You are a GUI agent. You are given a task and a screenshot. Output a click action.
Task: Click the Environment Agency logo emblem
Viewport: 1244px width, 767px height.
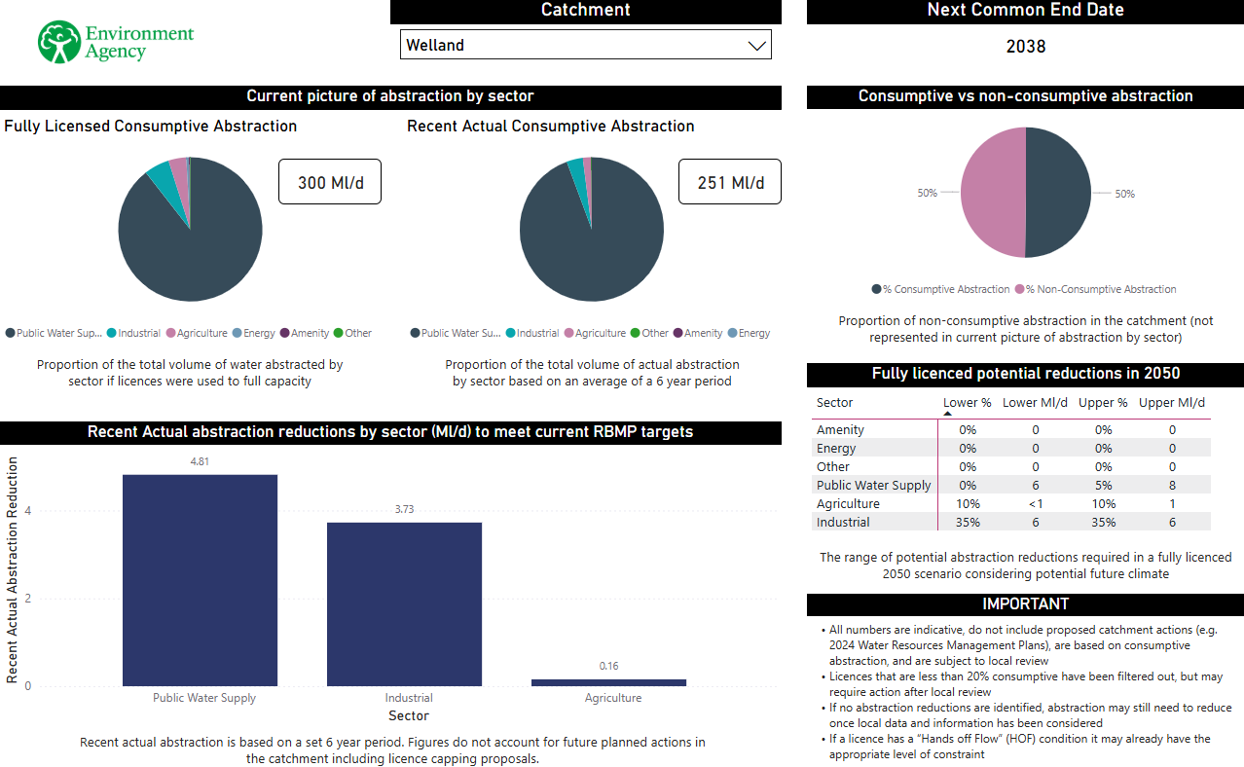click(x=59, y=43)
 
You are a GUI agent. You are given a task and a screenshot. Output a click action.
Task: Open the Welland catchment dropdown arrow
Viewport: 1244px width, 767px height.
click(x=756, y=46)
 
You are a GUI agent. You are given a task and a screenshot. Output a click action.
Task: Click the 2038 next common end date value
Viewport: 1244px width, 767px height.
click(x=1025, y=47)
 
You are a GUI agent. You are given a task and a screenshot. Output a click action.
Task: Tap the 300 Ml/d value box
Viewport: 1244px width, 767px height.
click(x=330, y=182)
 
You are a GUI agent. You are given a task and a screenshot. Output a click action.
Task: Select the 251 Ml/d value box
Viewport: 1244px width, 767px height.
click(x=730, y=182)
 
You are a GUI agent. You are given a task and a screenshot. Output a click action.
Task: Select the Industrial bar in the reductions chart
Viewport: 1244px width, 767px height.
click(x=404, y=603)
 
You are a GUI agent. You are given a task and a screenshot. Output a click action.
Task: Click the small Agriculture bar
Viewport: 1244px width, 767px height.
click(x=608, y=682)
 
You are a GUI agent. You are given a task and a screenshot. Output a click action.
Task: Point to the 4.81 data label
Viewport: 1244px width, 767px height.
click(x=200, y=461)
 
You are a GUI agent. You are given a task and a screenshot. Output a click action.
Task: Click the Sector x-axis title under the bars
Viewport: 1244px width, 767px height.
click(x=409, y=715)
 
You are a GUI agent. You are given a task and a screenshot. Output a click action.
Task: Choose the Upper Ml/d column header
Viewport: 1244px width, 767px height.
click(x=1172, y=403)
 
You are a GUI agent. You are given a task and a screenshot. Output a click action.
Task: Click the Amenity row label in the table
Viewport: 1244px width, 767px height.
click(x=840, y=430)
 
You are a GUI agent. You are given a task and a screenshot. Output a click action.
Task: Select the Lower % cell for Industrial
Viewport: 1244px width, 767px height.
click(x=968, y=523)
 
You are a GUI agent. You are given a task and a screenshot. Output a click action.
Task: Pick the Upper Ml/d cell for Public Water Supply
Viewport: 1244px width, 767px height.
click(x=1172, y=486)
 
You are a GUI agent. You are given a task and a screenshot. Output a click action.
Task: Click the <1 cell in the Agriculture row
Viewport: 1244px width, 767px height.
click(x=1036, y=504)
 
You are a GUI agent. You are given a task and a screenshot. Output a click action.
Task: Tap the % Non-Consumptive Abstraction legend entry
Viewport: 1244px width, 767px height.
click(x=1095, y=289)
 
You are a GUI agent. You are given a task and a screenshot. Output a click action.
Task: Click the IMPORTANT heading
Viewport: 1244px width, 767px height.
click(x=1025, y=604)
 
